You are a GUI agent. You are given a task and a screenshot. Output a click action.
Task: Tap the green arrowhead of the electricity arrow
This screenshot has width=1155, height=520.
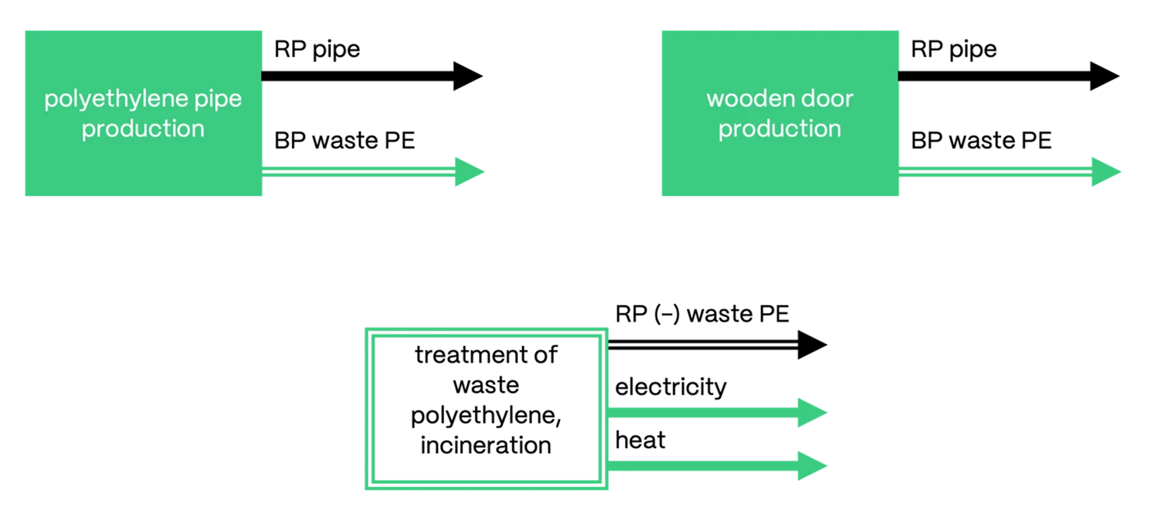(811, 413)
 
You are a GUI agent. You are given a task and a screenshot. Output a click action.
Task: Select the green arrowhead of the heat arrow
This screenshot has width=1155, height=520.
(811, 466)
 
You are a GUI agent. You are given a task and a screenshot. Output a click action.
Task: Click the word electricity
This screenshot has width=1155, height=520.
(670, 387)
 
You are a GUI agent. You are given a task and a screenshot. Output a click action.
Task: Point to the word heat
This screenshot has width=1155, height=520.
(640, 441)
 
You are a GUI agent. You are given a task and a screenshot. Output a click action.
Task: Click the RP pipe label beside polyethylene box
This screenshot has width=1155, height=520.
(317, 50)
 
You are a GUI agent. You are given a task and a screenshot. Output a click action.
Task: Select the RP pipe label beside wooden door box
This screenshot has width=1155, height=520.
(954, 50)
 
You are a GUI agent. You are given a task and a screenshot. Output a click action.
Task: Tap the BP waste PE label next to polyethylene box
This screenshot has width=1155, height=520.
(344, 140)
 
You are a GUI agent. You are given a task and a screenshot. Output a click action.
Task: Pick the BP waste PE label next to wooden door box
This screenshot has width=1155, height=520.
(981, 140)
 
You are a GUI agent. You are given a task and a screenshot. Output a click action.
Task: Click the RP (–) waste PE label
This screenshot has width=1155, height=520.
(702, 314)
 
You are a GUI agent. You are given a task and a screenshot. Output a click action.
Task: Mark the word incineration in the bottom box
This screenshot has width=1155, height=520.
(486, 445)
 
